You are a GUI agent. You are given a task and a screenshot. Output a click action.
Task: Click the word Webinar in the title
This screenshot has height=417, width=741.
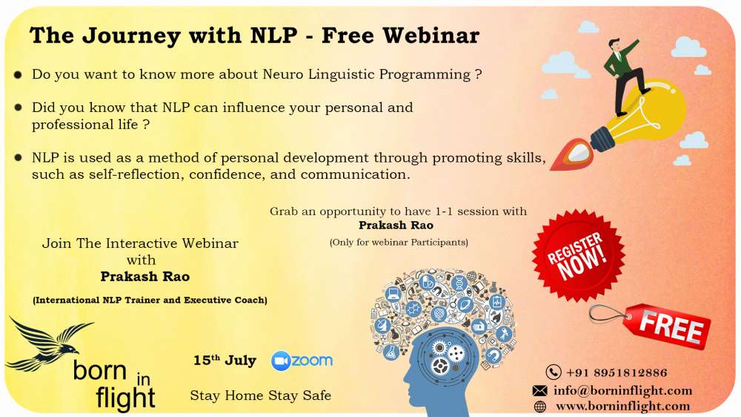(x=431, y=36)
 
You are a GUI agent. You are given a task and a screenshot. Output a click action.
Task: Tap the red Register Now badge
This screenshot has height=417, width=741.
(x=578, y=255)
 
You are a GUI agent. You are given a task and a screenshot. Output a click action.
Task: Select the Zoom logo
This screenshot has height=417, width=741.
(x=302, y=361)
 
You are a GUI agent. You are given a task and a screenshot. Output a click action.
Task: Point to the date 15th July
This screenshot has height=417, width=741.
(x=225, y=361)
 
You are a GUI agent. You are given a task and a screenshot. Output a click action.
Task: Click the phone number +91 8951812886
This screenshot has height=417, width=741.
(x=617, y=373)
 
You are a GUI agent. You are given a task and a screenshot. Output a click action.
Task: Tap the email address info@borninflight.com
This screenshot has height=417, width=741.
(x=623, y=390)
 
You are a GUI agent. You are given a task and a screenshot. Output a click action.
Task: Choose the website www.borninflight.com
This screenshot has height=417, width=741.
(x=623, y=406)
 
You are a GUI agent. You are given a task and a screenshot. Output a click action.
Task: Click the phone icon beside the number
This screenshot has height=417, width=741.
(x=554, y=372)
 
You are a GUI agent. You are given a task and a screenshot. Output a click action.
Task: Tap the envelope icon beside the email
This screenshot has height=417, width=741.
(x=539, y=390)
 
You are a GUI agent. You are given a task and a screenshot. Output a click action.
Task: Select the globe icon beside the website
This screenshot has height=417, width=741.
(x=539, y=407)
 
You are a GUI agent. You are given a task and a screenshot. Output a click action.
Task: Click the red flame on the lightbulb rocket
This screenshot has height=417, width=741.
(x=572, y=154)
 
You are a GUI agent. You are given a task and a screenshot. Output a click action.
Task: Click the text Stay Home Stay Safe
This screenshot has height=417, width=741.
(x=260, y=395)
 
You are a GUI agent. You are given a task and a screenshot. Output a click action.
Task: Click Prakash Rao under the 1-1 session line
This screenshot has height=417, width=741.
(x=396, y=226)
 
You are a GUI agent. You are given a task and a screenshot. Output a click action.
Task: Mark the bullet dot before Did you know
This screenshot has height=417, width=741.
(x=18, y=108)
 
